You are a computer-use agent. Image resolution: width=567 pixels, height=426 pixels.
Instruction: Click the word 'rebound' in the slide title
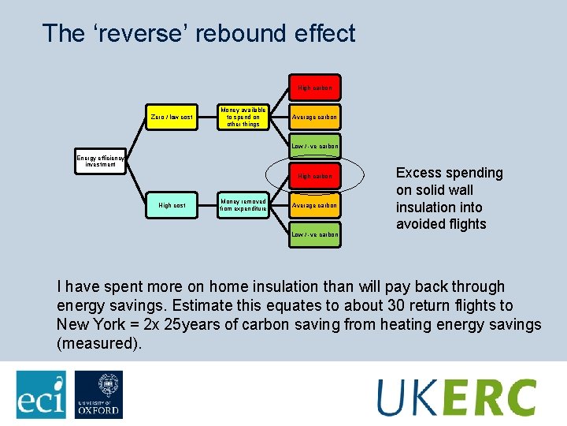pyautogui.click(x=208, y=34)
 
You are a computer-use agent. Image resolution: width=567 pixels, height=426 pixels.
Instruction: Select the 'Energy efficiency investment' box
pyautogui.click(x=101, y=162)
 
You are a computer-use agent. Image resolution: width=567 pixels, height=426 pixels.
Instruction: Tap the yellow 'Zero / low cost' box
pyautogui.click(x=172, y=117)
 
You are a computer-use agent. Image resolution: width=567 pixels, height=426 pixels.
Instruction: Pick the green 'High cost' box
pyautogui.click(x=172, y=205)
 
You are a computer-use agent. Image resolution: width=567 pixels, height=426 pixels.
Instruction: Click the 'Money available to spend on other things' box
pyautogui.click(x=243, y=117)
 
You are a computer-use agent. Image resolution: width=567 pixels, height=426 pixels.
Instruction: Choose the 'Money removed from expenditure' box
pyautogui.click(x=243, y=205)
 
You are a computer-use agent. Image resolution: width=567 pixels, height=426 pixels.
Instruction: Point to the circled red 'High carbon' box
pyautogui.click(x=314, y=176)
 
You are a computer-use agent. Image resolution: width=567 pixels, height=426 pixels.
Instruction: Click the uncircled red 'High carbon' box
pyautogui.click(x=314, y=88)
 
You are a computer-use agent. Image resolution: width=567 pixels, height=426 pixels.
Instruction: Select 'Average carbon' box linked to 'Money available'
pyautogui.click(x=314, y=117)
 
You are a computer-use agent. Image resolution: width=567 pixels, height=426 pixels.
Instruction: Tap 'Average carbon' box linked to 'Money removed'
pyautogui.click(x=314, y=205)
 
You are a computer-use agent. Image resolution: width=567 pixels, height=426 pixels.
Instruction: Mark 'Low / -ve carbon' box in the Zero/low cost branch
pyautogui.click(x=314, y=146)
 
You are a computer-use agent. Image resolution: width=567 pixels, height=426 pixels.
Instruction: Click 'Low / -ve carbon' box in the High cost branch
pyautogui.click(x=314, y=234)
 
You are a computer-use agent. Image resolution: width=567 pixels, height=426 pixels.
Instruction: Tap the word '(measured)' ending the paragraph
pyautogui.click(x=99, y=344)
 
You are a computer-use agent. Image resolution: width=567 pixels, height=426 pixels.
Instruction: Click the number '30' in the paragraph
pyautogui.click(x=409, y=306)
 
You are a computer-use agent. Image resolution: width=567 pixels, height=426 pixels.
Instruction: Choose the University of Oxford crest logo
pyautogui.click(x=98, y=394)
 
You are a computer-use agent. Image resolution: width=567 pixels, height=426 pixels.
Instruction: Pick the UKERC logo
pyautogui.click(x=456, y=396)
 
